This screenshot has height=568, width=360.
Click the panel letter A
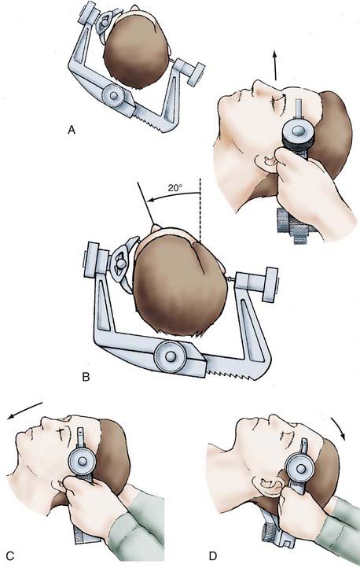(72, 130)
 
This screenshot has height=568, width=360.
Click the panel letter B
(86, 377)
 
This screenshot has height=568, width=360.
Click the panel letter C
(10, 555)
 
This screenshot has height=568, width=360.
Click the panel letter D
(213, 555)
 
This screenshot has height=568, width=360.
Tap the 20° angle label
(175, 188)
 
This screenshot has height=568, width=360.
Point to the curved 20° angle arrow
(174, 196)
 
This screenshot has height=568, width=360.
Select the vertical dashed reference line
(200, 210)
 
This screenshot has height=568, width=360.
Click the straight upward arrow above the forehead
(275, 65)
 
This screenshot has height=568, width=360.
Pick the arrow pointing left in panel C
(24, 411)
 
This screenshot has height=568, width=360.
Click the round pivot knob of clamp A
(114, 96)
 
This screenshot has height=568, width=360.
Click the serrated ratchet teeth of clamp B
(232, 369)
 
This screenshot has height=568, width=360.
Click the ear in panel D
(266, 486)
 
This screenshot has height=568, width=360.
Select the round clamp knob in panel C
(83, 461)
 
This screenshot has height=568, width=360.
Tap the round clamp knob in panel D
(300, 469)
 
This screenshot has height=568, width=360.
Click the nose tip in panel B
(156, 227)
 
